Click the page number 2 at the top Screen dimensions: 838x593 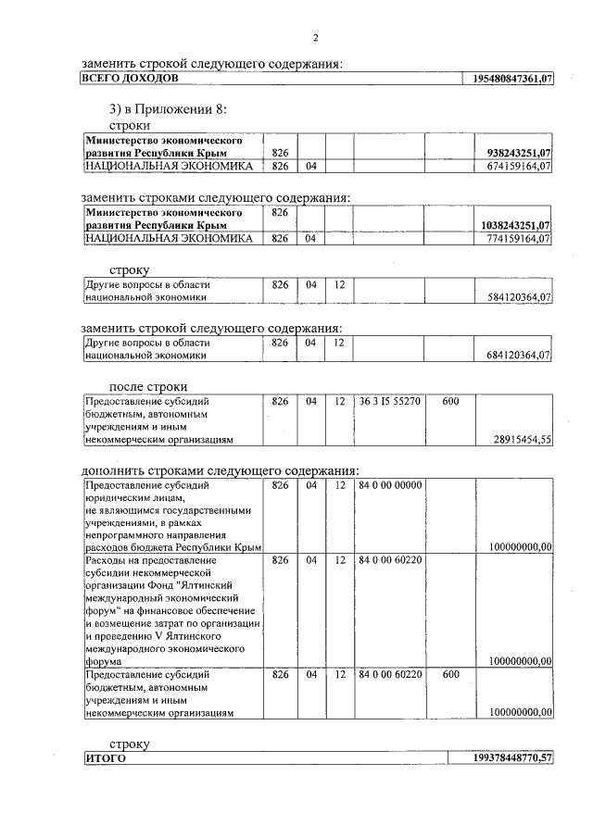pos(316,38)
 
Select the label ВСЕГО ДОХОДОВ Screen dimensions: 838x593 pos(125,80)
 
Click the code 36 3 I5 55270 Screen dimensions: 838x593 pos(390,402)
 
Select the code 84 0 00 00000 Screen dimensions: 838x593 pos(390,485)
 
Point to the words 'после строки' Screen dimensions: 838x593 pos(148,386)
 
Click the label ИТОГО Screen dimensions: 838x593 pos(105,758)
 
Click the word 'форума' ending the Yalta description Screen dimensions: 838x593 pos(103,662)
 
